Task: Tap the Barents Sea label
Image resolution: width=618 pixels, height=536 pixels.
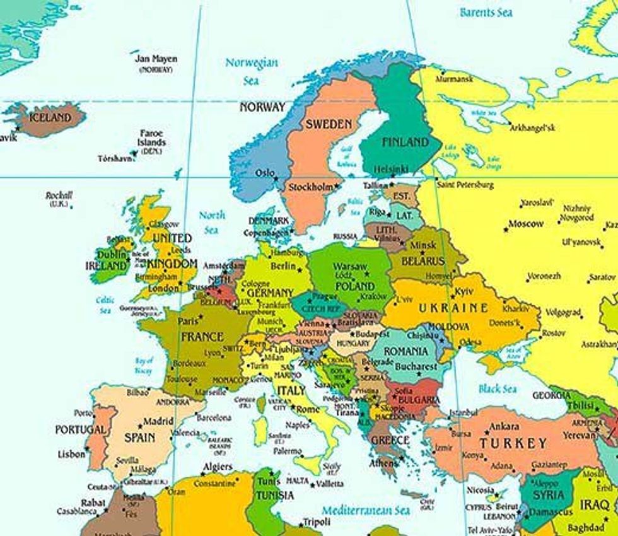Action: tap(486, 12)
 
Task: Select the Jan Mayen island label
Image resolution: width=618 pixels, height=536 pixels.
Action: tap(156, 59)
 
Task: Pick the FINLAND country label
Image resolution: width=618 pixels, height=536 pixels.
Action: tap(405, 142)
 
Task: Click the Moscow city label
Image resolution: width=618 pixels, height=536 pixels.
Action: tap(526, 224)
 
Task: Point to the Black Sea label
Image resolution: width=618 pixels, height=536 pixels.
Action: tap(498, 389)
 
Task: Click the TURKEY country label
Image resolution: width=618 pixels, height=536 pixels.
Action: tap(513, 443)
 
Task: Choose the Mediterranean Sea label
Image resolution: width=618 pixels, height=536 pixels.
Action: tap(366, 510)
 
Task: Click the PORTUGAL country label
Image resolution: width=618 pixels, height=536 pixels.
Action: tap(81, 429)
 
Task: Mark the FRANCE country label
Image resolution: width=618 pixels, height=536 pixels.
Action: tap(202, 337)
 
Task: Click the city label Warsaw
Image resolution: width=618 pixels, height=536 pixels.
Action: tap(350, 267)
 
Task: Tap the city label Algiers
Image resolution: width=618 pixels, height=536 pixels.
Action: tap(217, 467)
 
